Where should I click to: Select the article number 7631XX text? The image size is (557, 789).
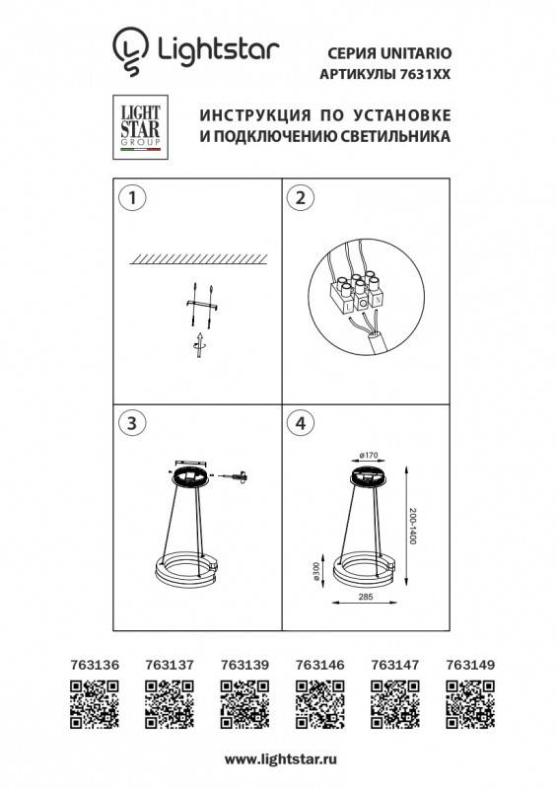[x=420, y=74]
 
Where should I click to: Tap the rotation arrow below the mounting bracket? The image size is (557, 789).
[x=197, y=346]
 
